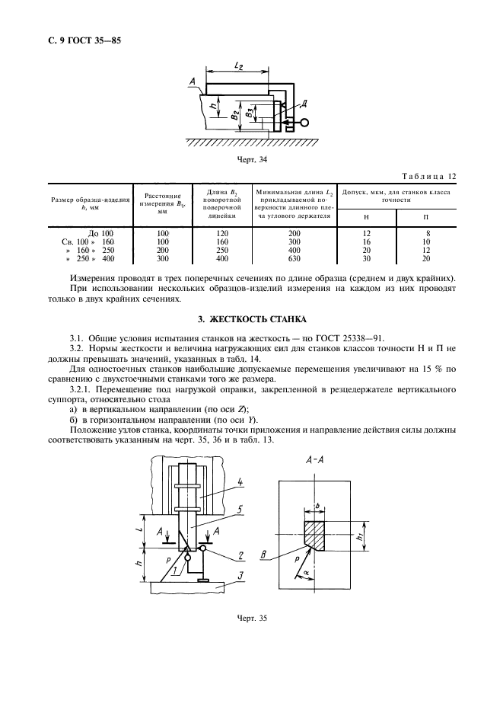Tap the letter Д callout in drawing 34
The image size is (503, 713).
click(x=304, y=103)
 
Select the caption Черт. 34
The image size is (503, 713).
click(x=251, y=160)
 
